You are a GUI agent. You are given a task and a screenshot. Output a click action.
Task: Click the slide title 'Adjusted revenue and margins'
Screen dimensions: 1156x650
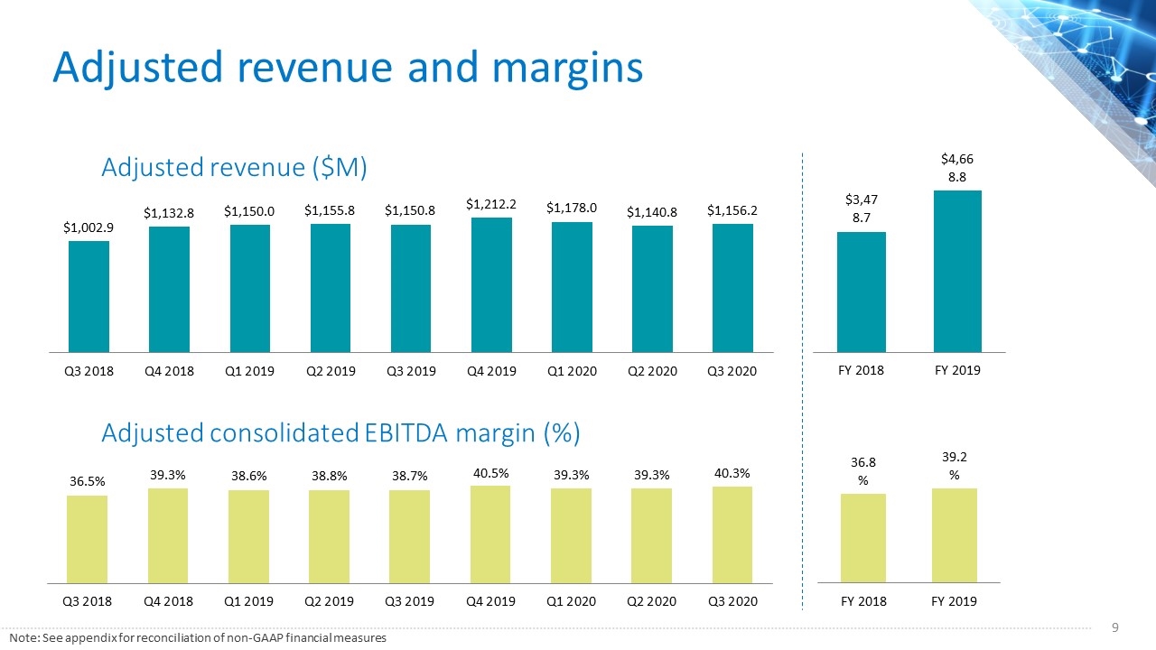348,68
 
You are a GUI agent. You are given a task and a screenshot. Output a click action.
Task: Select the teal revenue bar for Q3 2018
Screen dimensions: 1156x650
89,297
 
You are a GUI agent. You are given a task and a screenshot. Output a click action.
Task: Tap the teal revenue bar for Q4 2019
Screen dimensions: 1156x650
491,284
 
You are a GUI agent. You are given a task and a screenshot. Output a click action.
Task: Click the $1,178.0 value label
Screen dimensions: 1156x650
572,208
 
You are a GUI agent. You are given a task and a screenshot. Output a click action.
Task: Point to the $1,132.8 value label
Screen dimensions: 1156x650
169,213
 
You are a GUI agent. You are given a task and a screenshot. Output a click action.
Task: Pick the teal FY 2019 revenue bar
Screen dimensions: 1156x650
957,272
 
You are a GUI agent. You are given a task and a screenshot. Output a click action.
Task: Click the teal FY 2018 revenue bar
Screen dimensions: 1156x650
862,292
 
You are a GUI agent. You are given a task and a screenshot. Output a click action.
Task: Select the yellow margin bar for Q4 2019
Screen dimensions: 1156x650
490,534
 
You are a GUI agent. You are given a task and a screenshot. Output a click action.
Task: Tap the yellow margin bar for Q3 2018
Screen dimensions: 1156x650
88,540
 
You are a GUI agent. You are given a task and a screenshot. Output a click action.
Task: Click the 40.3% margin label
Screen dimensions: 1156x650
732,473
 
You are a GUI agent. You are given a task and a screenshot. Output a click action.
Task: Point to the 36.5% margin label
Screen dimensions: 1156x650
88,481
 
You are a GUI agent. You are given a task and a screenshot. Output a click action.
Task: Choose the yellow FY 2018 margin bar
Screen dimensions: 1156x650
863,538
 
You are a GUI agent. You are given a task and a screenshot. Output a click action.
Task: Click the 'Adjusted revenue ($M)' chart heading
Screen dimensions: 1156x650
234,167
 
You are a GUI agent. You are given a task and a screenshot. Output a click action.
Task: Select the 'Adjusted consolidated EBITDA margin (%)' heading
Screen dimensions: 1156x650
340,432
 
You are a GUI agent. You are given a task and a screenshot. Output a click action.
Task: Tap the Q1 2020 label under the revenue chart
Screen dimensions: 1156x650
572,371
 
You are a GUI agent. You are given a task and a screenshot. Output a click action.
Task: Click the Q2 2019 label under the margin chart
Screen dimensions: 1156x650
330,601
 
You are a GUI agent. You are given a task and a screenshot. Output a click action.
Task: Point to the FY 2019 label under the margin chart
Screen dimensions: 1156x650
954,601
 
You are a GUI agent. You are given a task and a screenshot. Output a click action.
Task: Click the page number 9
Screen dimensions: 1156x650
1115,627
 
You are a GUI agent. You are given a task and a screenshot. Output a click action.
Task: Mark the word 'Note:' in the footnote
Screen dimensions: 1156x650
24,638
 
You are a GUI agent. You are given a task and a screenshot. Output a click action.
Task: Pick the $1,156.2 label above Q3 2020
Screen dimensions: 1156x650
732,210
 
